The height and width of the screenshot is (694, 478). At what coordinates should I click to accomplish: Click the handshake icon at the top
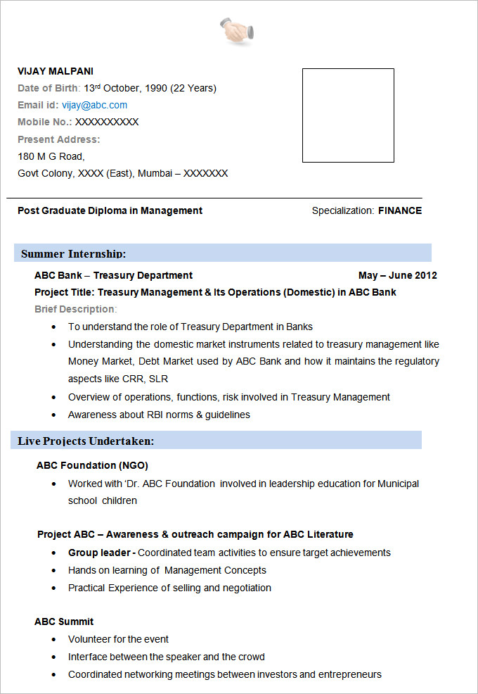point(238,31)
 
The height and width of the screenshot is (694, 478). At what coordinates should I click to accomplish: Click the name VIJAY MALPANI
point(56,71)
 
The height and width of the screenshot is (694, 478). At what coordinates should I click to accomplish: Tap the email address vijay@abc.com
point(94,105)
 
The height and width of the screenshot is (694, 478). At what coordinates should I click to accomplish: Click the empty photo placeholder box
point(348,115)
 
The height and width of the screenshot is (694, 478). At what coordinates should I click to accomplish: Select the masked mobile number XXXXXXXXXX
point(107,122)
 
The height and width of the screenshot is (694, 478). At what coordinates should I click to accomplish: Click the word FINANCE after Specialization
point(400,210)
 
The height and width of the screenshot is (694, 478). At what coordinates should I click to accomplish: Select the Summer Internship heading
point(73,253)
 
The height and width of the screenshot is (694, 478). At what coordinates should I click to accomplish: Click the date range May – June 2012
point(397,275)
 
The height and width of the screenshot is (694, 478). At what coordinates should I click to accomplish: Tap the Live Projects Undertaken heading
point(86,441)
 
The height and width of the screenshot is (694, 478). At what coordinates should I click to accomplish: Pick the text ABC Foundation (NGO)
point(92,465)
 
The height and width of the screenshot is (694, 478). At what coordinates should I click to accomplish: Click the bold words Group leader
point(99,553)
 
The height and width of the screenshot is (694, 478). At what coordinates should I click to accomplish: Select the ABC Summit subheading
point(64,622)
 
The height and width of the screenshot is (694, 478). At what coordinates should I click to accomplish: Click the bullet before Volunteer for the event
point(54,640)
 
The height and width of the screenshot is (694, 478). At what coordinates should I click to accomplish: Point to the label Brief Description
point(75,309)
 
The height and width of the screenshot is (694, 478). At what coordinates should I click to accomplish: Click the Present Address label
point(59,139)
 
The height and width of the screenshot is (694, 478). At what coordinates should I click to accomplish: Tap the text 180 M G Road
point(51,156)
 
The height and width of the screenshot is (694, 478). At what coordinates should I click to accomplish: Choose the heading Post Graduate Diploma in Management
point(110,210)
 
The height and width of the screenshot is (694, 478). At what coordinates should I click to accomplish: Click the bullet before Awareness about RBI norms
point(54,415)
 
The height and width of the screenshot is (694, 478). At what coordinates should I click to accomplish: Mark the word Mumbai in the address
point(154,173)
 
